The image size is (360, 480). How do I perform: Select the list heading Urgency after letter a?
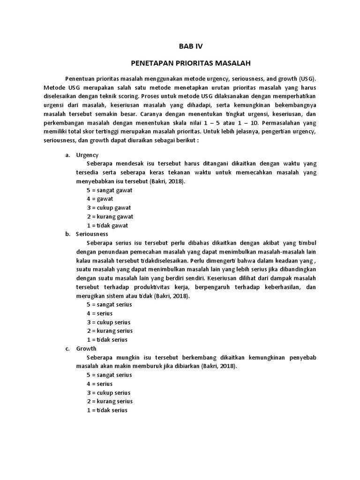click(x=87, y=155)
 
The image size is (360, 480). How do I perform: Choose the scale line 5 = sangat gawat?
click(x=109, y=190)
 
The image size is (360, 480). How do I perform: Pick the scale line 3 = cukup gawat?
click(x=109, y=208)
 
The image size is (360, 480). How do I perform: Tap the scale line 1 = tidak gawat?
click(x=107, y=225)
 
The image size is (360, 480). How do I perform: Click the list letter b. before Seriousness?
click(x=67, y=234)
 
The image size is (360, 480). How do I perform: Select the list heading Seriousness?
click(x=92, y=234)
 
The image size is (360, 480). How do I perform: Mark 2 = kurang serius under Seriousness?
click(x=110, y=331)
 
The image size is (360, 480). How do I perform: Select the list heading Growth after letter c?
click(x=86, y=349)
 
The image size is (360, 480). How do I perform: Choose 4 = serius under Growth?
click(x=99, y=384)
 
